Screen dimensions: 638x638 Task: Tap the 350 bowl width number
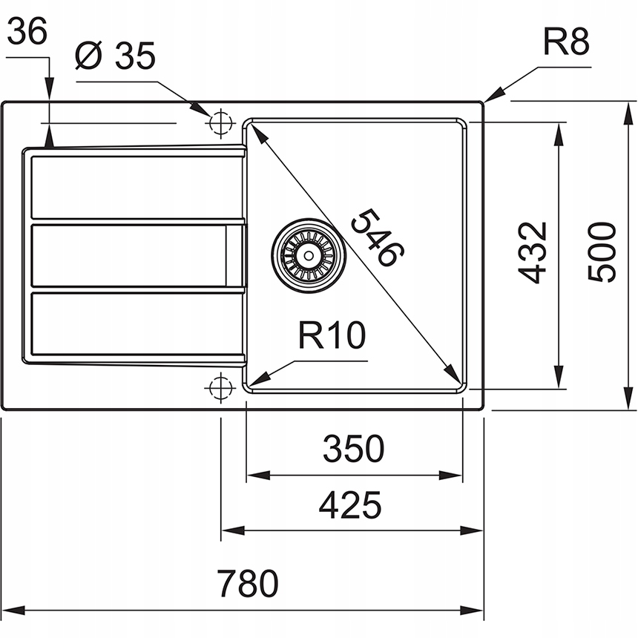point(353,449)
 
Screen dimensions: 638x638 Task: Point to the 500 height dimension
point(602,251)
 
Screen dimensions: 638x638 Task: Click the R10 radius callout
point(332,336)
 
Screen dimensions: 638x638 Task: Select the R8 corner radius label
point(566,44)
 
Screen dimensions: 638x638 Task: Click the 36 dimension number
point(28,31)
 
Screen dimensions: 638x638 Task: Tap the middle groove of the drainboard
point(130,254)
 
